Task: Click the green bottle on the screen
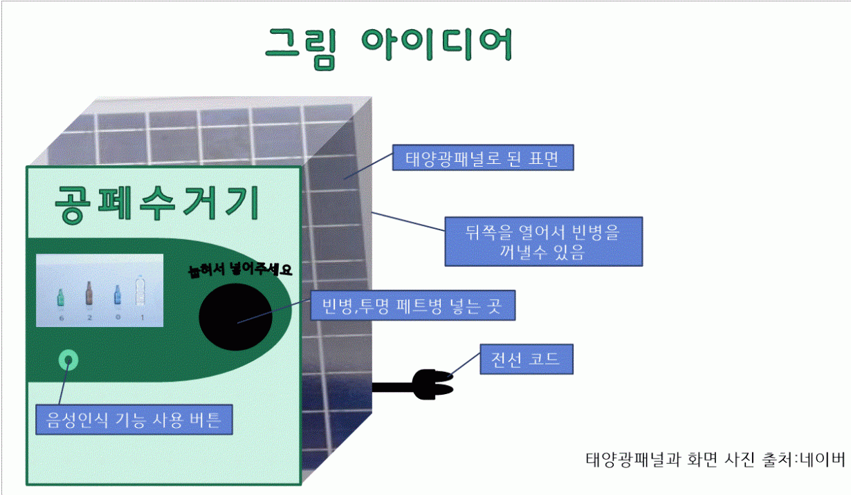(60, 297)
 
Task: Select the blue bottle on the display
(118, 295)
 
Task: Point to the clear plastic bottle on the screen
(140, 291)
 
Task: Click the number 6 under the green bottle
(62, 318)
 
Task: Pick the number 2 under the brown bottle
(90, 317)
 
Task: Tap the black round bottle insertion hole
(235, 317)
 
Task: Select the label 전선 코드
(527, 359)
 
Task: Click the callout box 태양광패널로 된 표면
(483, 158)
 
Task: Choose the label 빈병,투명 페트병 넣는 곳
(413, 305)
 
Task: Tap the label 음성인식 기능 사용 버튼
(134, 420)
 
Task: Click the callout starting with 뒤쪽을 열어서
(544, 241)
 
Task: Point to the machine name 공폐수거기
(158, 203)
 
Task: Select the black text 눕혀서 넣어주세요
(240, 269)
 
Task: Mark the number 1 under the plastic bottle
(143, 317)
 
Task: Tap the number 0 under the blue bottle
(118, 317)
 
